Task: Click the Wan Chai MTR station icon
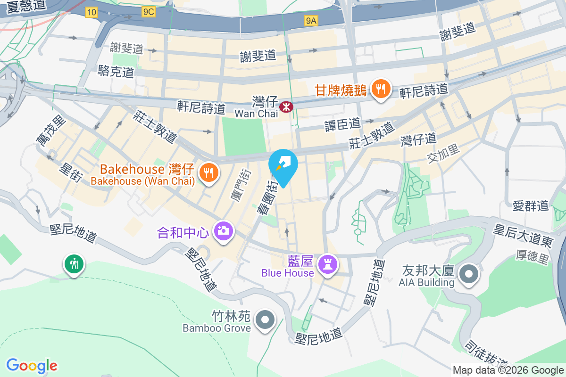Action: [286, 107]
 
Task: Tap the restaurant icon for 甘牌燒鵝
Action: [380, 89]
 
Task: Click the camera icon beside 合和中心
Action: [223, 231]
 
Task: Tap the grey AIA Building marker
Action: [468, 275]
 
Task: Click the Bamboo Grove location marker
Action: [265, 320]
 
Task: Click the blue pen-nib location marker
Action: [283, 165]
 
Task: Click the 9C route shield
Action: [148, 12]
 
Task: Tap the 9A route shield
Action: [311, 20]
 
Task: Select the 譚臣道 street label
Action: [342, 124]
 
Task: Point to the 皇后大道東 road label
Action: [523, 235]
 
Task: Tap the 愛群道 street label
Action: [531, 205]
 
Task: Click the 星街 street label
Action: [71, 172]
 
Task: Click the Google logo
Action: [32, 365]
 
